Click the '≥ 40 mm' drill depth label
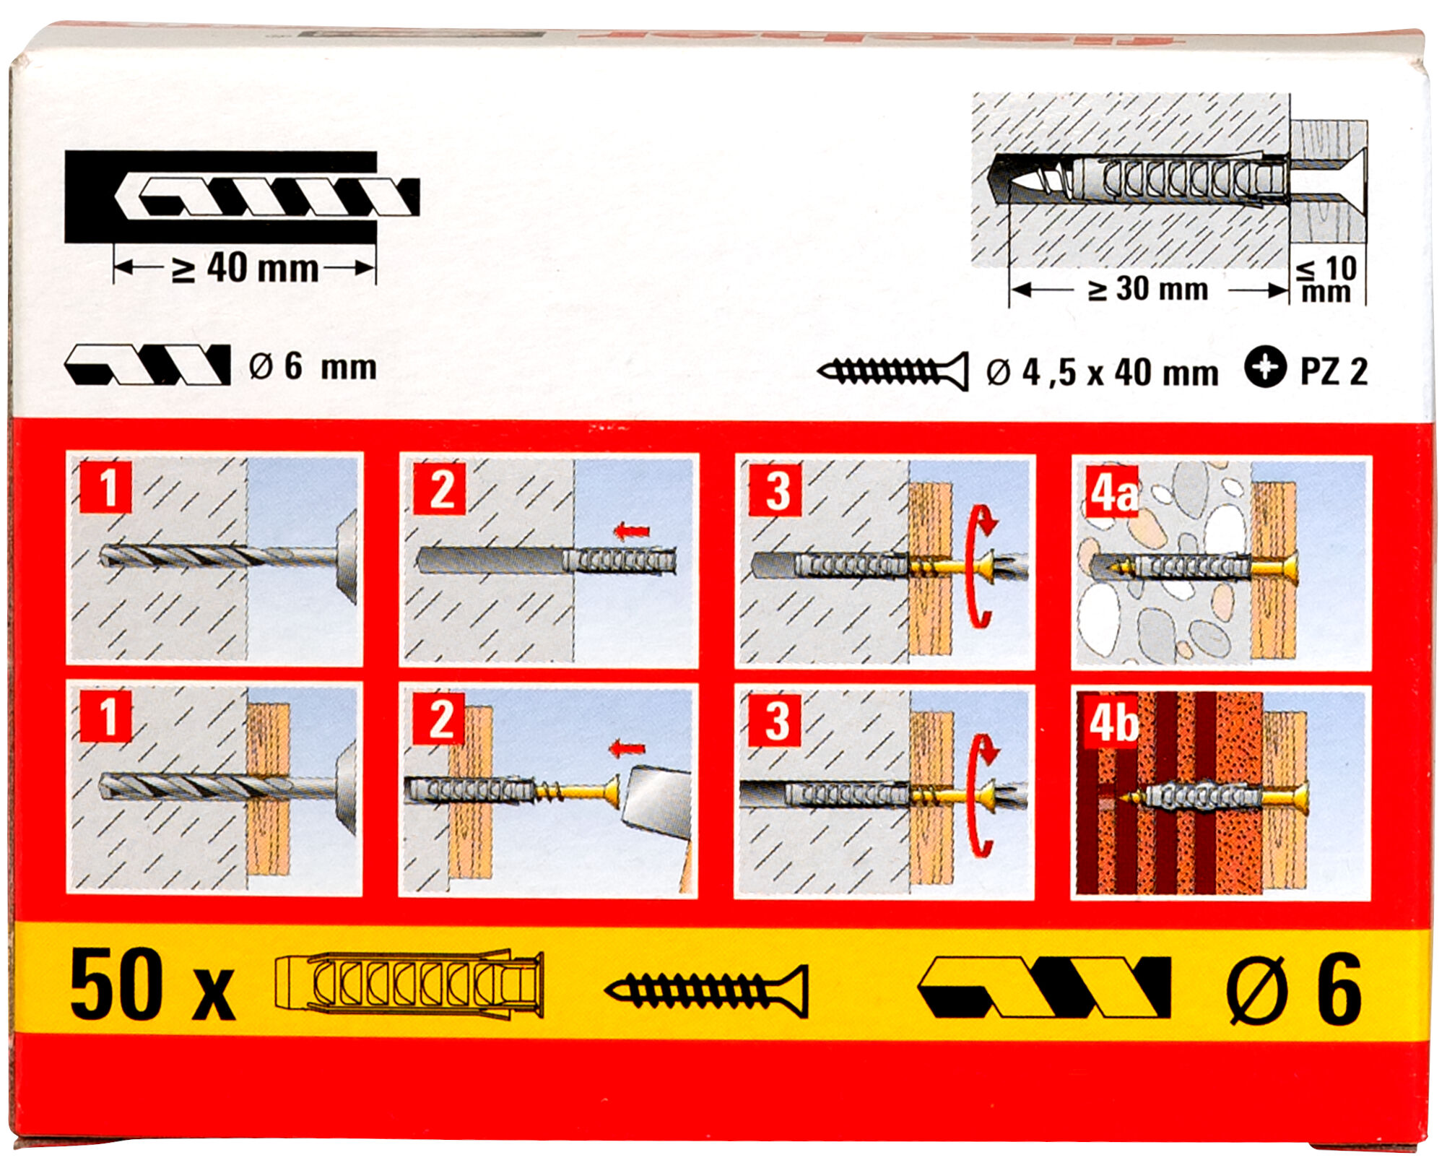(x=245, y=268)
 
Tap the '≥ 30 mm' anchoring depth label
(x=1148, y=289)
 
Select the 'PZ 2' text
(x=1334, y=371)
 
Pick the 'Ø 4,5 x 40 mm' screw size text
(x=1102, y=373)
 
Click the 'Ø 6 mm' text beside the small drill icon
(x=313, y=366)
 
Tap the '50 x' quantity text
(x=152, y=987)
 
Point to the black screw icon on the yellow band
(x=706, y=991)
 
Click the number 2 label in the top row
(x=440, y=489)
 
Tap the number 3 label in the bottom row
(x=775, y=720)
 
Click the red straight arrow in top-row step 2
(x=631, y=532)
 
